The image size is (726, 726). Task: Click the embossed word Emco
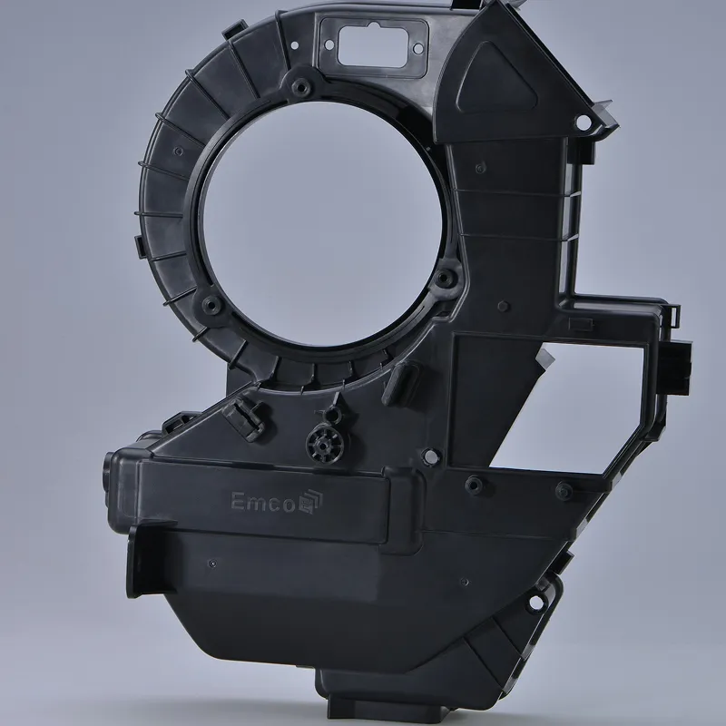[x=262, y=502]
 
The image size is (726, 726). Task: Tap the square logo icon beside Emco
[x=310, y=502]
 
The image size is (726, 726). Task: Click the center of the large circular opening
[x=322, y=224]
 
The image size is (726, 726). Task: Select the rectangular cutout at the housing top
[x=376, y=45]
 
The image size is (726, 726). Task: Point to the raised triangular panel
[x=495, y=80]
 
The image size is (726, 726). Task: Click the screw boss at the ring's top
[x=301, y=86]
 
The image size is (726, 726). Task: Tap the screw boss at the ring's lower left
[x=212, y=304]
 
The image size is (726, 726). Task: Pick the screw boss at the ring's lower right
[x=444, y=278]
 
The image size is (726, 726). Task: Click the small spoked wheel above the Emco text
[x=328, y=442]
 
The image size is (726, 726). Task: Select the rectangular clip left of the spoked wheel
[x=243, y=420]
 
